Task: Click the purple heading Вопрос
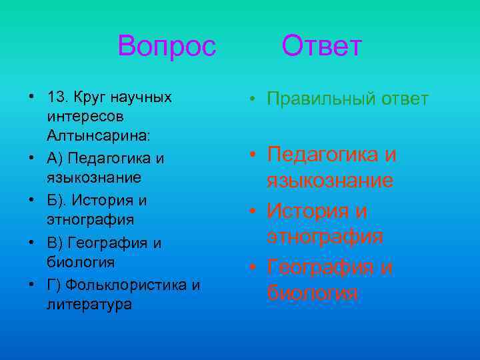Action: click(167, 47)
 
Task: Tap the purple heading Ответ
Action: click(321, 47)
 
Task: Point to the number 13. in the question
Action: click(57, 97)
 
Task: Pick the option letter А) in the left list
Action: click(56, 159)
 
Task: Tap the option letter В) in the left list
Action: click(56, 242)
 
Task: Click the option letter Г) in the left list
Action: click(55, 285)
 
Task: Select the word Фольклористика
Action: click(127, 285)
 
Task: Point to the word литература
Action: click(89, 304)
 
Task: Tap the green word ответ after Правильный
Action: click(405, 99)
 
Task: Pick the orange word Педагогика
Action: click(324, 155)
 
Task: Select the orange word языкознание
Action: click(330, 181)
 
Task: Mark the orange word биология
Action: click(312, 293)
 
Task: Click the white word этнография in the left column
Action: click(91, 219)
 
